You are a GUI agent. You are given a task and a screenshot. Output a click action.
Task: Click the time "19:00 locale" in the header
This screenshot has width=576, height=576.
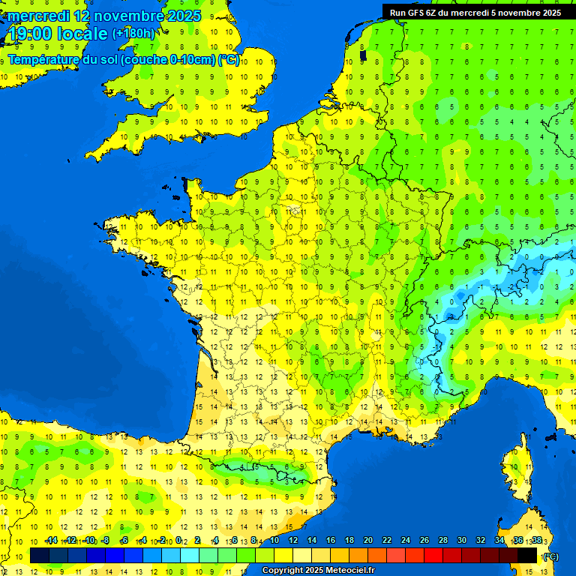(58, 33)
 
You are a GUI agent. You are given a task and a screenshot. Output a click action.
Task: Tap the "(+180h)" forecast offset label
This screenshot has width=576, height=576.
(133, 33)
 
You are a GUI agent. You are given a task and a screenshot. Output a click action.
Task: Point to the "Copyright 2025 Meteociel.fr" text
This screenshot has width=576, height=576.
(318, 571)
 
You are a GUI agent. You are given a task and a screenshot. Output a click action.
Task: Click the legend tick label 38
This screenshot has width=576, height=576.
(537, 541)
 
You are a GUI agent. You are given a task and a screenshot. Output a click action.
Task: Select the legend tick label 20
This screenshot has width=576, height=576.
(368, 541)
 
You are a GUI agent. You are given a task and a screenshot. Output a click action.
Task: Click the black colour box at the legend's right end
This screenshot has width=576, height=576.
(528, 556)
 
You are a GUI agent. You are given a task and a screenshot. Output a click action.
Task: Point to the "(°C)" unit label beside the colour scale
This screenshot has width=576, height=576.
(550, 556)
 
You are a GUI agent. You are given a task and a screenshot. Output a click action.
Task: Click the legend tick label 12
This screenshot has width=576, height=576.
(293, 541)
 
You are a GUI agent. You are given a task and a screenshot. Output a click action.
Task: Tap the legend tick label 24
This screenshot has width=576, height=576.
(406, 541)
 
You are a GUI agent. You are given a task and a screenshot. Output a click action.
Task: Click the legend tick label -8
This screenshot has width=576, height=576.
(106, 541)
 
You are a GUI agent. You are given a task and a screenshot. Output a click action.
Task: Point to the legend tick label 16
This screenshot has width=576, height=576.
(331, 541)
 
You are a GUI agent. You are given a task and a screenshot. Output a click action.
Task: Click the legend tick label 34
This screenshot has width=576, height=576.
(499, 541)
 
